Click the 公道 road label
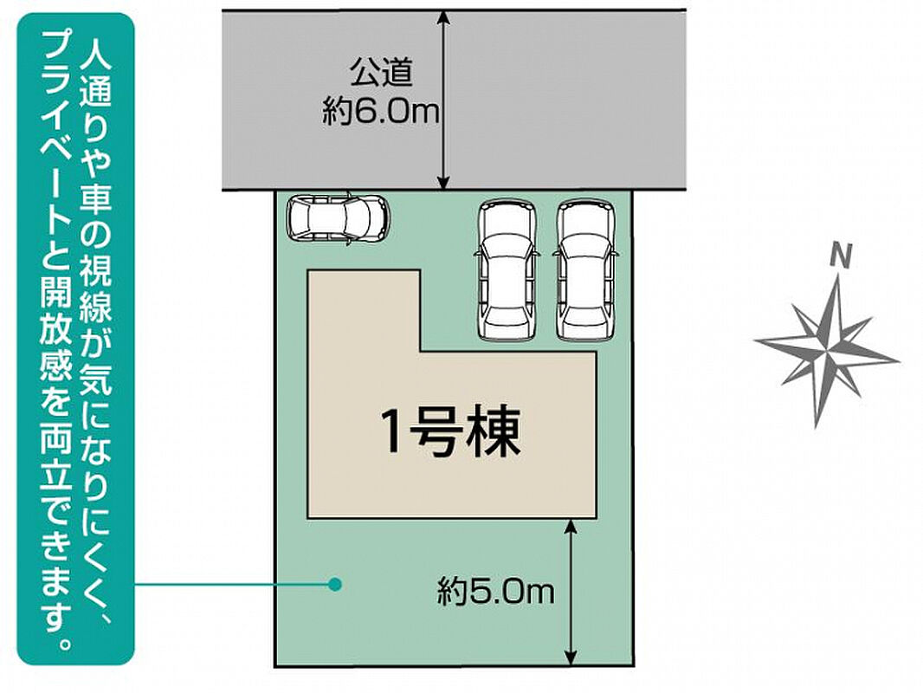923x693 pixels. (x=381, y=74)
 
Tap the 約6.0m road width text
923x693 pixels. (x=381, y=111)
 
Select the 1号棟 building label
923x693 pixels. (x=452, y=433)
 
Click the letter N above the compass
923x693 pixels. (x=842, y=256)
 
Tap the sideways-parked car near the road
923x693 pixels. (x=339, y=217)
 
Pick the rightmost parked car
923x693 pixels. (x=585, y=271)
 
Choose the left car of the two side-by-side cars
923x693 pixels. (x=507, y=271)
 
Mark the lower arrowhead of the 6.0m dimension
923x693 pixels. (x=444, y=181)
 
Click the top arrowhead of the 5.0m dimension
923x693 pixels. (x=570, y=528)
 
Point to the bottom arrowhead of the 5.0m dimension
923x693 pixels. (x=570, y=657)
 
